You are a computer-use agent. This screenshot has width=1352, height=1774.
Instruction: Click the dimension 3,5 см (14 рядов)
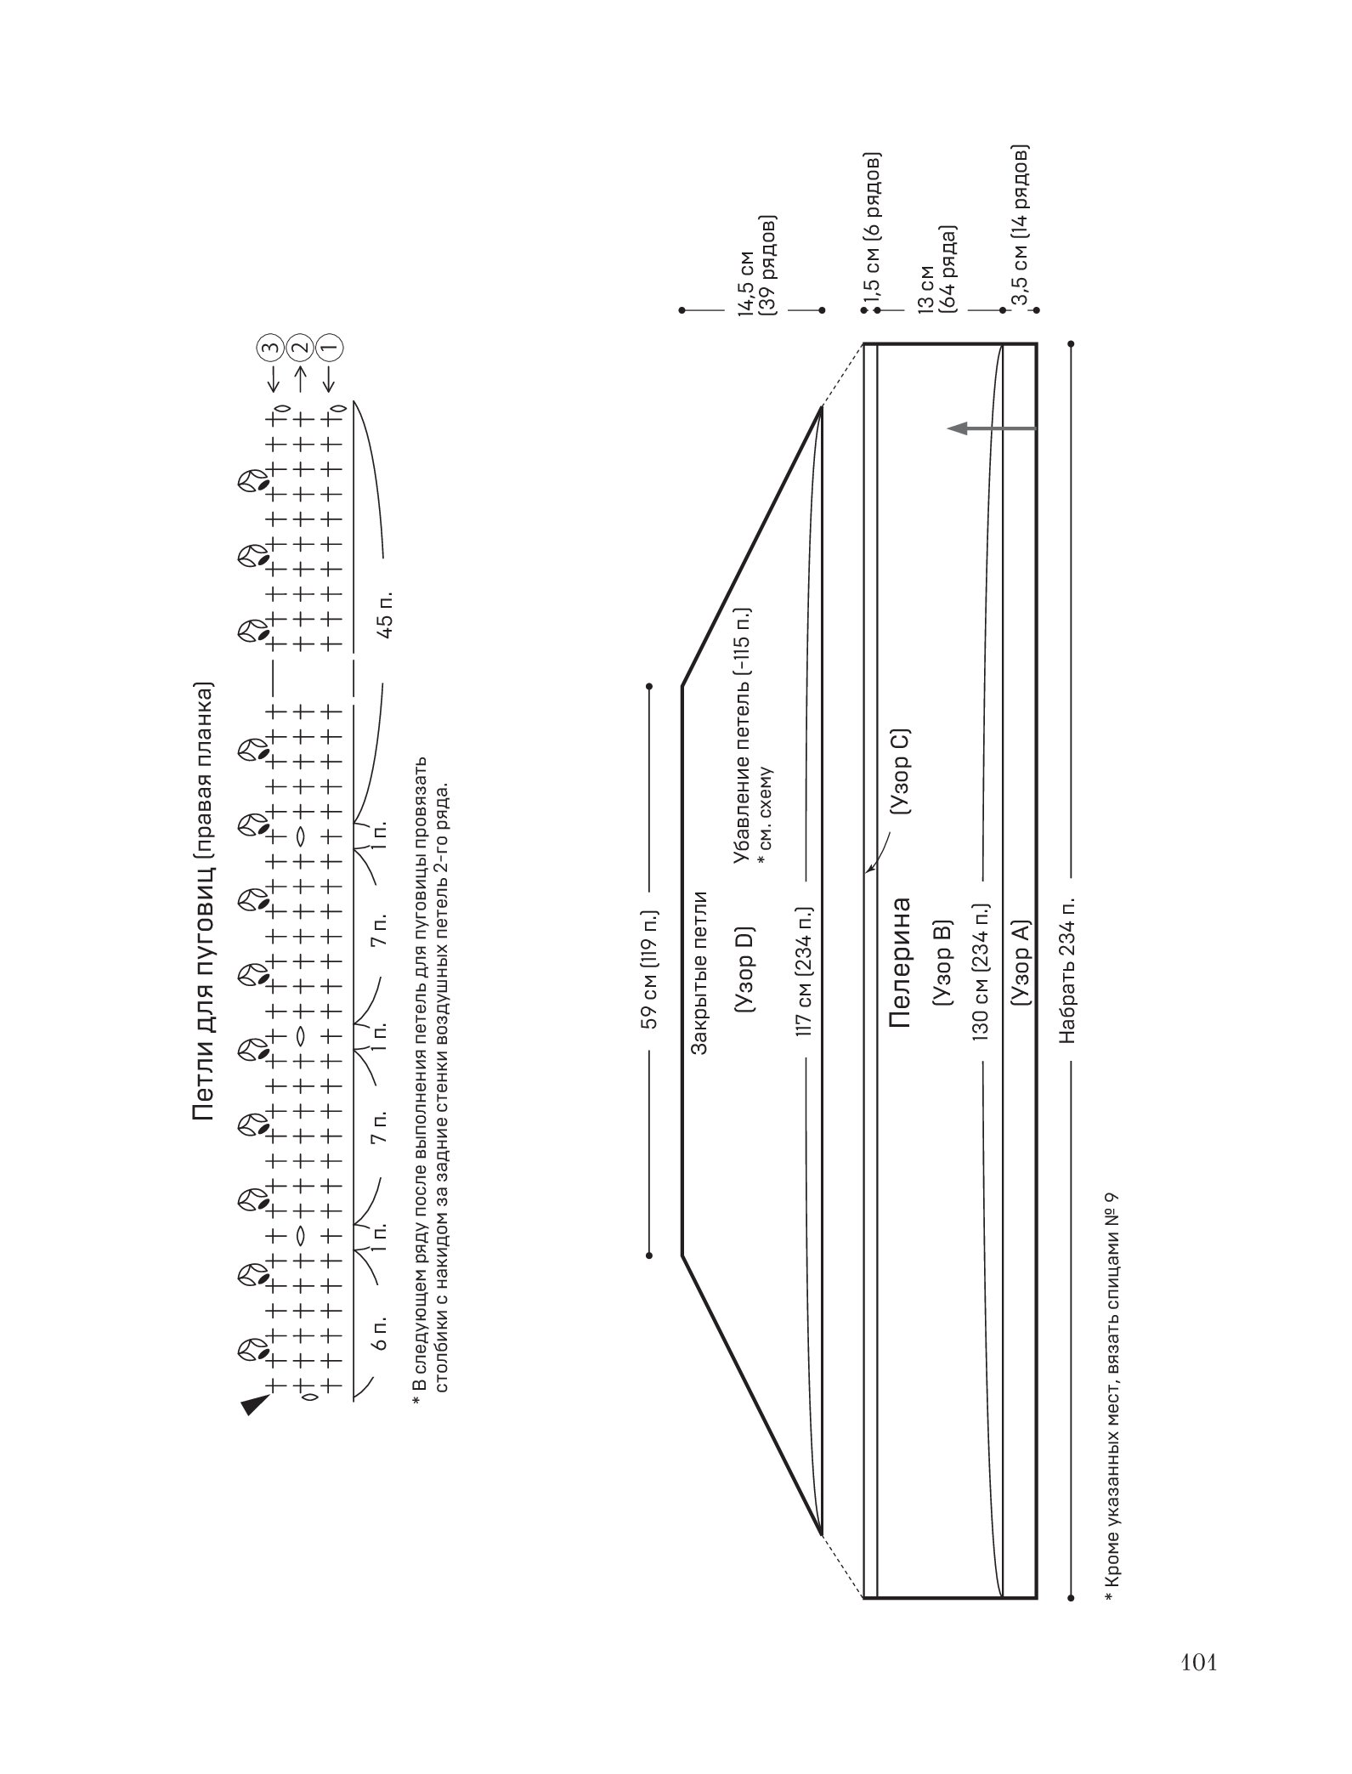[1020, 224]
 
